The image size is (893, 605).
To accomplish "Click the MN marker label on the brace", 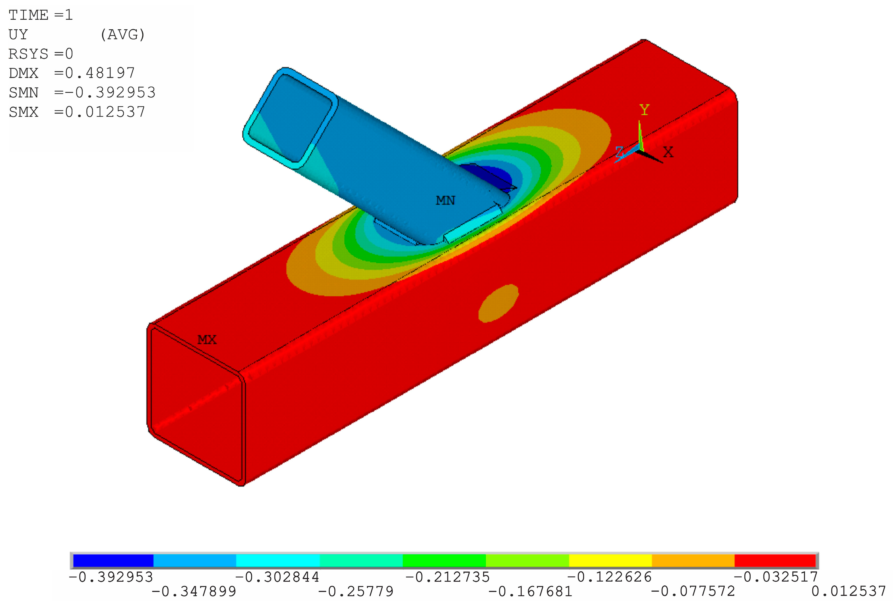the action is pos(445,200).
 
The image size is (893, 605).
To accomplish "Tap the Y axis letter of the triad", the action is pos(644,110).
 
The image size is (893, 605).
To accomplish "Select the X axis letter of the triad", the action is pos(668,152).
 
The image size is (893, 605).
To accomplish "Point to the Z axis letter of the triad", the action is pos(619,152).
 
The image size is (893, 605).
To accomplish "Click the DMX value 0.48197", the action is pos(100,73).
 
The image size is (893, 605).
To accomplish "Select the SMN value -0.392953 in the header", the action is pos(110,92).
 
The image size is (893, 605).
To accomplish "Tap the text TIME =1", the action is pos(41,15).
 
